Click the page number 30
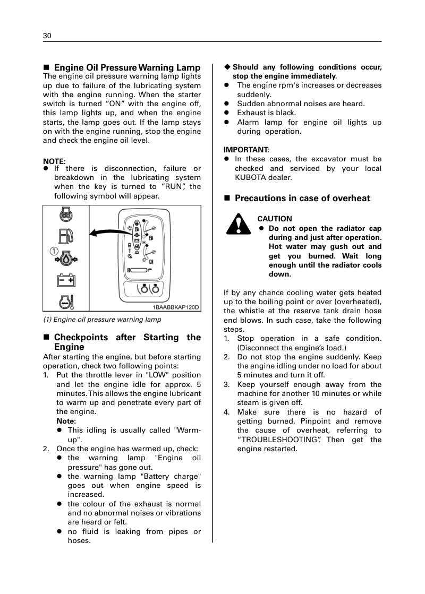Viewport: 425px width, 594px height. tap(47, 36)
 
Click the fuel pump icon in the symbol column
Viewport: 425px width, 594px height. tap(66, 235)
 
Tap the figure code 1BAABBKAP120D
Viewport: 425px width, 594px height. tap(176, 307)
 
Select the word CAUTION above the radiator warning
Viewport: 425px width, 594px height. tap(275, 219)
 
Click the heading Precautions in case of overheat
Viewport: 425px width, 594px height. tap(302, 199)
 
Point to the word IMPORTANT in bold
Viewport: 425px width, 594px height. tap(246, 150)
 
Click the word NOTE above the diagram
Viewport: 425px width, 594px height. tap(54, 161)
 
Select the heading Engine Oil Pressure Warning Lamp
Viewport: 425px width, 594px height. tap(127, 67)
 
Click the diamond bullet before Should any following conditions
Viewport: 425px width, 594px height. tap(227, 67)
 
